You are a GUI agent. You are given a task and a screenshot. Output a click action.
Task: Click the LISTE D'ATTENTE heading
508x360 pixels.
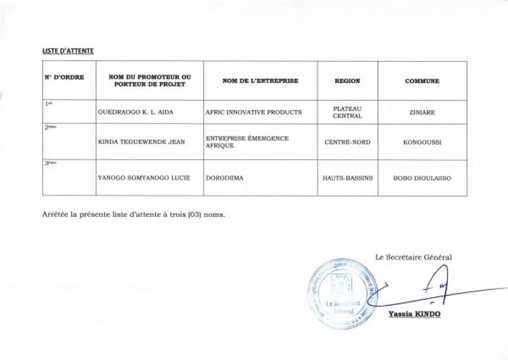(x=68, y=51)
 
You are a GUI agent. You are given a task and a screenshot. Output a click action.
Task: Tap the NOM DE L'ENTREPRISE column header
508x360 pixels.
(x=260, y=81)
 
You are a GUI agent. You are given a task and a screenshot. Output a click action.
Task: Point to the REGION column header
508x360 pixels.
(x=347, y=81)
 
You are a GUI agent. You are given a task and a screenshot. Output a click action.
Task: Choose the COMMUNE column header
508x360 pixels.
(x=422, y=81)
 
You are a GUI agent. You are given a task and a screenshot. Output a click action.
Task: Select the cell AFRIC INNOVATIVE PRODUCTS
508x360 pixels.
(x=253, y=112)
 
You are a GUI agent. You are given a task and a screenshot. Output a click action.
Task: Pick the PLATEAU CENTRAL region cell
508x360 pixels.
(x=347, y=112)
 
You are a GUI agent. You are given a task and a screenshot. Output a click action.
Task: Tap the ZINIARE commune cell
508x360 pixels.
(x=422, y=112)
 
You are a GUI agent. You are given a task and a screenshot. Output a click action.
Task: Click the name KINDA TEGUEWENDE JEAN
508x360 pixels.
(x=141, y=142)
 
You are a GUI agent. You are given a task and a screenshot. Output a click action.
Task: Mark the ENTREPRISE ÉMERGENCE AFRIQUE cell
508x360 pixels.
(x=247, y=142)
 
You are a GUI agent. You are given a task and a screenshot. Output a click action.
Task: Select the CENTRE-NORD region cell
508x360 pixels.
(x=347, y=142)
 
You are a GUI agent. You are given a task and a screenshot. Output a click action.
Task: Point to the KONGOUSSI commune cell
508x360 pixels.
(x=422, y=142)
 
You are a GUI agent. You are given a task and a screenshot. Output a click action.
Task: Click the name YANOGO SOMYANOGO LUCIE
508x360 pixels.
(x=144, y=178)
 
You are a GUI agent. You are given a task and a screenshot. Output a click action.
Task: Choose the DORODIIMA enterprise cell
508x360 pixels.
(x=224, y=178)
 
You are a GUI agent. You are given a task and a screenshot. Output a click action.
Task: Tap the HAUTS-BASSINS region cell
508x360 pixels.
(x=347, y=178)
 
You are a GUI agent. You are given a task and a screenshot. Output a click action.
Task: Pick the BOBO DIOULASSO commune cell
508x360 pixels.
(x=422, y=178)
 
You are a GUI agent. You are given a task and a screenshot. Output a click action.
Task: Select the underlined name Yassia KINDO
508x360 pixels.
(x=414, y=313)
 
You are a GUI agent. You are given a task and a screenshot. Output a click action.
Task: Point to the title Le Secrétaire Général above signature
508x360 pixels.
(x=413, y=257)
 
